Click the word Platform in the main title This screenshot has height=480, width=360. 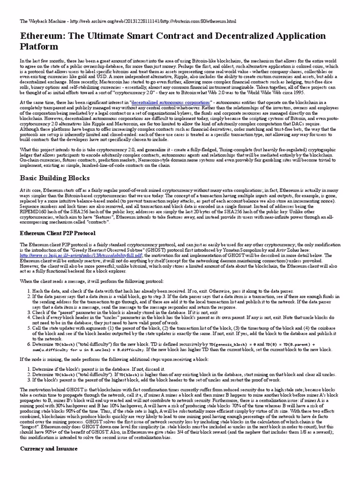click(39, 46)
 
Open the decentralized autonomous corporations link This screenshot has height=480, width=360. click(171, 102)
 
